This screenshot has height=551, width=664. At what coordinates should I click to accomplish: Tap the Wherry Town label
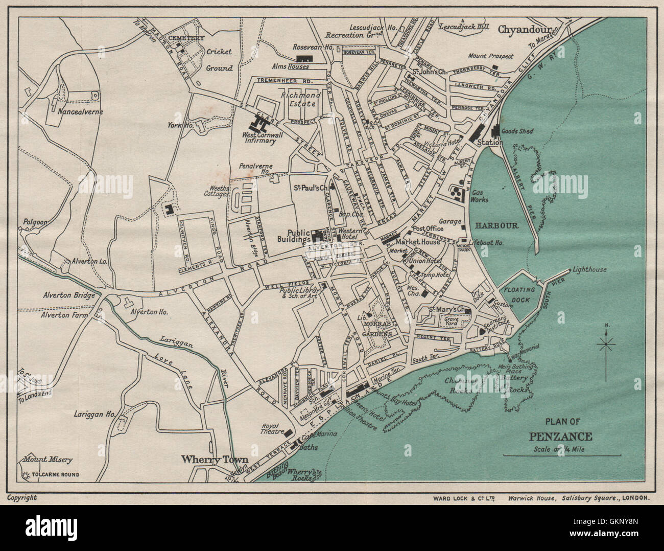point(215,459)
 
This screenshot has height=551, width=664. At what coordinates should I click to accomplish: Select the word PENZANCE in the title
point(560,437)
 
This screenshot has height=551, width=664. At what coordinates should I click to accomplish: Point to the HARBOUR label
point(497,225)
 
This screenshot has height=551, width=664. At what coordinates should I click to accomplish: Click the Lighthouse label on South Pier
point(590,269)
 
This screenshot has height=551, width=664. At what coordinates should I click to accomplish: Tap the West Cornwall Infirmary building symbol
point(259,123)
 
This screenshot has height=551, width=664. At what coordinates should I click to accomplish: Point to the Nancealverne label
point(80,111)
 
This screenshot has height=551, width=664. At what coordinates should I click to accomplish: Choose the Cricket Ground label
point(219,59)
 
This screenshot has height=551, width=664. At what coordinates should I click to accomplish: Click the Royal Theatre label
point(271,427)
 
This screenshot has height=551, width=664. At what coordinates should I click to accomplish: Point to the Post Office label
point(425,228)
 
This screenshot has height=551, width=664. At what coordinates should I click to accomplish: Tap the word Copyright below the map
point(21,497)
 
